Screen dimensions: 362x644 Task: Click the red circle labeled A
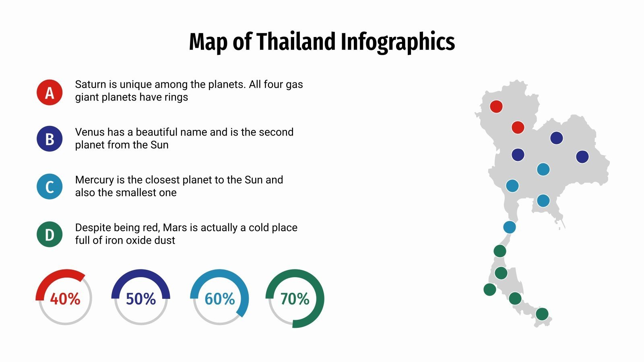50,93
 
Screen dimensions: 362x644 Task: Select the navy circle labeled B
50,139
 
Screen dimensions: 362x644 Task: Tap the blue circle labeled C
50,187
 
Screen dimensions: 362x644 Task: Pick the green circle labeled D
50,234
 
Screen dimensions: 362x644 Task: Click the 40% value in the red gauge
65,299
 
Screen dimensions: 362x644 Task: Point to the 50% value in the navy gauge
141,299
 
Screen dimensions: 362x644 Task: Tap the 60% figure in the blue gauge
220,299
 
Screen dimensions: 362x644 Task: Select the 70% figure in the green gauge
295,299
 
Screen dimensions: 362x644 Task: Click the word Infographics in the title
398,42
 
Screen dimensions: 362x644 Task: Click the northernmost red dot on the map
496,107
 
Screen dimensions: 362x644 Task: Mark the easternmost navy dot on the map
582,157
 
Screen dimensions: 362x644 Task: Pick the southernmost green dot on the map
542,314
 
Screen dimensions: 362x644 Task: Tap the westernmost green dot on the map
490,289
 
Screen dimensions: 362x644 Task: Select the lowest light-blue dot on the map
510,227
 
